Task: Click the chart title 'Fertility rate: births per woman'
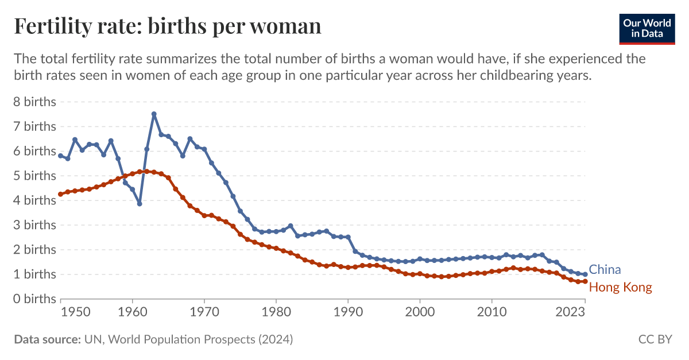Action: (x=167, y=26)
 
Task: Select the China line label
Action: (x=605, y=270)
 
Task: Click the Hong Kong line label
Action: (x=621, y=287)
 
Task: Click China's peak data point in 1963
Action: (x=154, y=114)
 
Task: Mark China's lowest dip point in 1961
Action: (x=140, y=204)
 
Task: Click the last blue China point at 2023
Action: (x=585, y=274)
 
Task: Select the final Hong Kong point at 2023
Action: (x=585, y=281)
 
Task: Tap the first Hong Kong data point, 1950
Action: (x=60, y=194)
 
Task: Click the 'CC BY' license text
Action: (x=655, y=340)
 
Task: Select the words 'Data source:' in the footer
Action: (x=47, y=340)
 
